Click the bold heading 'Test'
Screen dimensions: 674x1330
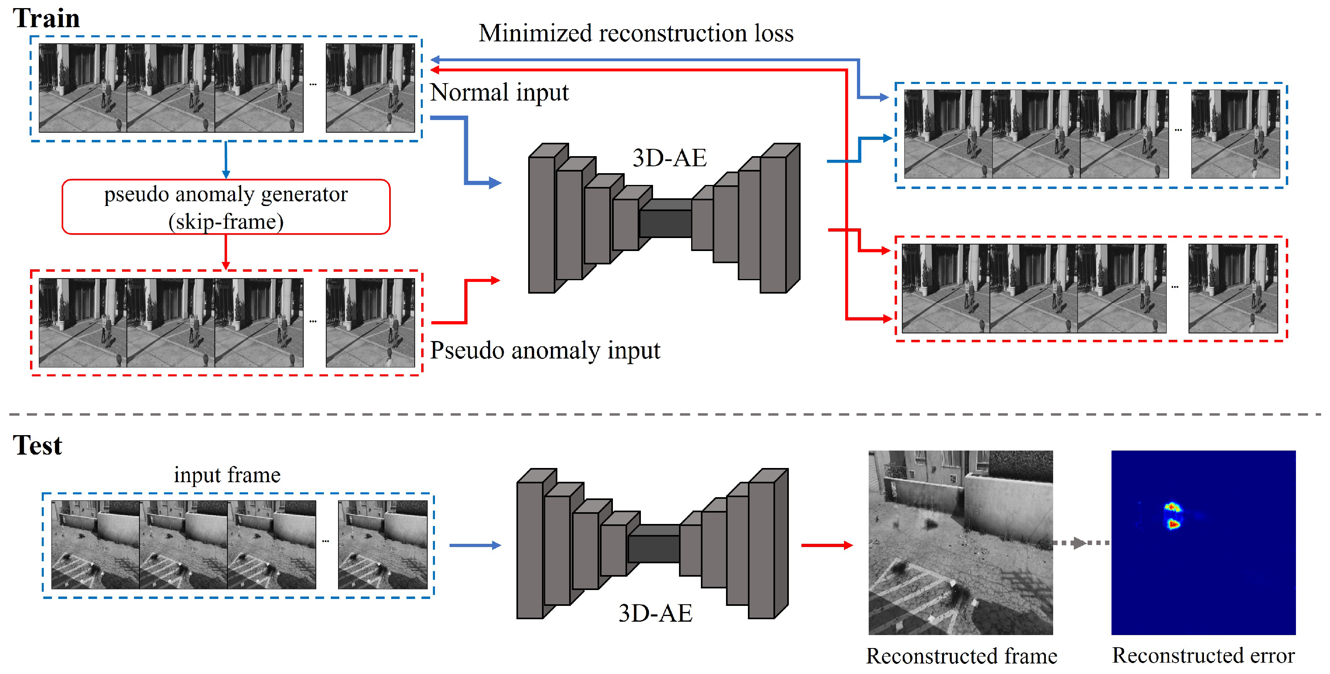tap(37, 445)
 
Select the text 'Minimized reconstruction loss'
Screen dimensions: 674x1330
tap(636, 34)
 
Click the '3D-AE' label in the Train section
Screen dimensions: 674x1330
tap(669, 158)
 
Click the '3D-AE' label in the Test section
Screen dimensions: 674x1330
tap(655, 614)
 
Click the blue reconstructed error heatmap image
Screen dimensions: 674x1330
tap(1203, 542)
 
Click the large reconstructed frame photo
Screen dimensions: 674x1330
tap(960, 542)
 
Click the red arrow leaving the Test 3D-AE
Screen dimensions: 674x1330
tap(826, 545)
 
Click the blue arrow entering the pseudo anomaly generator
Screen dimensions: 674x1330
tap(226, 160)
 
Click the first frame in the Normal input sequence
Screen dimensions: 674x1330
tap(83, 88)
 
